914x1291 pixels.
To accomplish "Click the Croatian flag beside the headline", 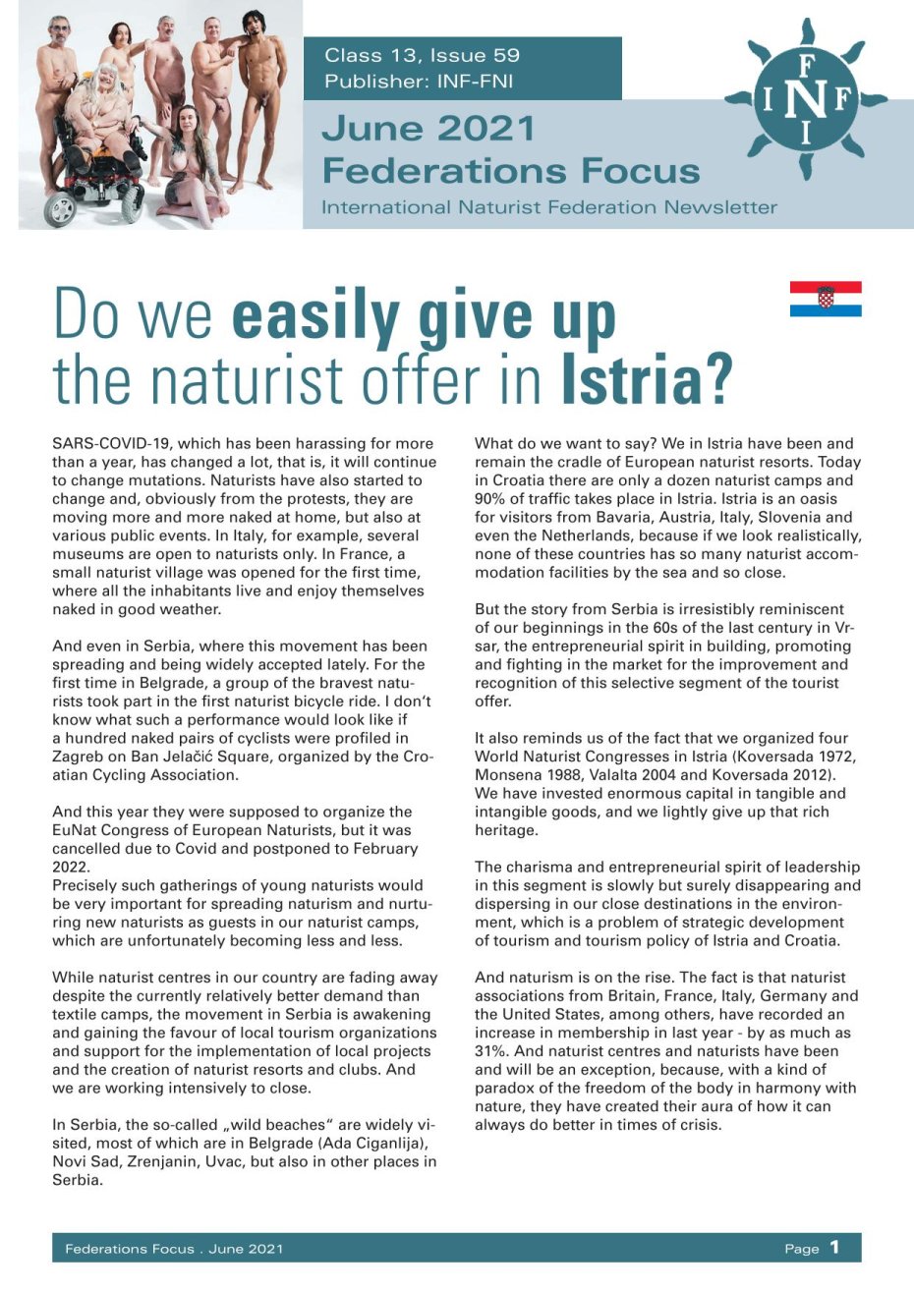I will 826,299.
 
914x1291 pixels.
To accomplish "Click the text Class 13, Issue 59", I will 423,55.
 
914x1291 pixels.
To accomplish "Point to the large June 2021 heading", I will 428,128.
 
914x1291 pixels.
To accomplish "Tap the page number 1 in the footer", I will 834,1247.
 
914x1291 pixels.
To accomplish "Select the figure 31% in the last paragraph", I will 490,1051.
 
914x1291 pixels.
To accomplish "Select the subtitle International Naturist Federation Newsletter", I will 548,207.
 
